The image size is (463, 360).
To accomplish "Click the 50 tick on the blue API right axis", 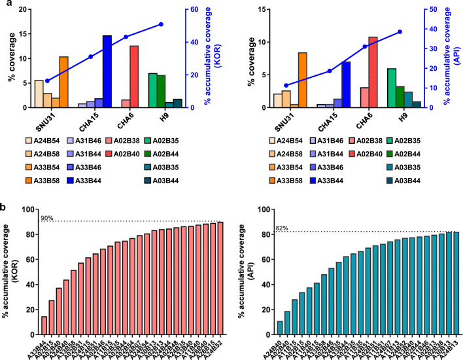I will [428, 10].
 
